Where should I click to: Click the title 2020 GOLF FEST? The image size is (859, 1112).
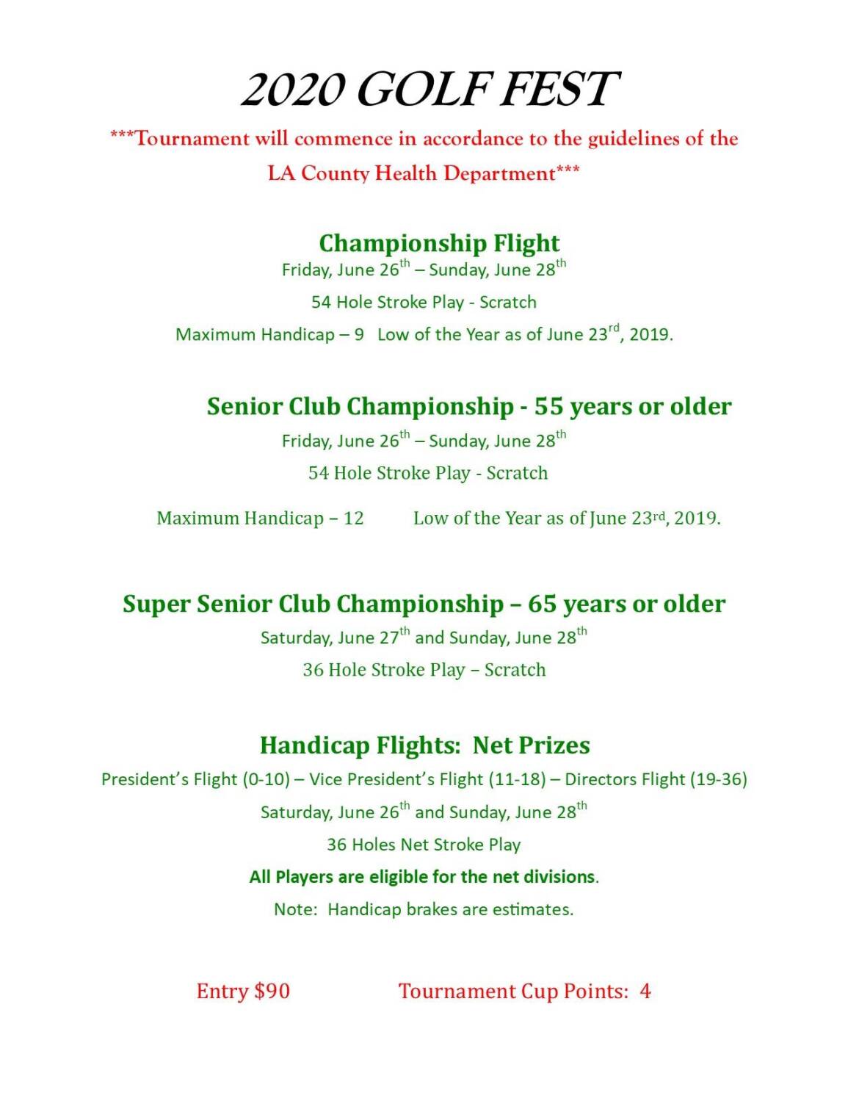click(x=429, y=90)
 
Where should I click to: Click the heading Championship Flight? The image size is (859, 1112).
click(x=439, y=242)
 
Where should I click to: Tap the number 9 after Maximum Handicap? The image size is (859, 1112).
click(x=359, y=335)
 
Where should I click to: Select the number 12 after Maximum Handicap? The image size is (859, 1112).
click(x=353, y=519)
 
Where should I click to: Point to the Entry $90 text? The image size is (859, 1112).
click(x=243, y=992)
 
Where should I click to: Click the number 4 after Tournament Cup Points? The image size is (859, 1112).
click(x=645, y=992)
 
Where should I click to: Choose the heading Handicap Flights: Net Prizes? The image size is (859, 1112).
click(x=424, y=745)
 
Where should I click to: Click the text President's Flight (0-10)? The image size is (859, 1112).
click(x=195, y=779)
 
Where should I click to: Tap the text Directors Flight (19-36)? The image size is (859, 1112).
click(x=656, y=779)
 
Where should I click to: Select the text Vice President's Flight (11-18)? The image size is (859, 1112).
click(x=427, y=779)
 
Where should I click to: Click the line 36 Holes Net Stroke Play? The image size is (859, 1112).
click(x=424, y=845)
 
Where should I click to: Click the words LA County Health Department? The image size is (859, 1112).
click(x=411, y=173)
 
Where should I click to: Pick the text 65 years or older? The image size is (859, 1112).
click(x=626, y=604)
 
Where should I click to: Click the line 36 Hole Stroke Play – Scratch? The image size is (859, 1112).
click(x=424, y=670)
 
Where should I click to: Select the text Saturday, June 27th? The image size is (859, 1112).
click(x=334, y=637)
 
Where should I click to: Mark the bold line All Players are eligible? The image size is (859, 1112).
click(x=424, y=877)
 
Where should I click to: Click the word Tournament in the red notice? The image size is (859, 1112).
click(x=192, y=139)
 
